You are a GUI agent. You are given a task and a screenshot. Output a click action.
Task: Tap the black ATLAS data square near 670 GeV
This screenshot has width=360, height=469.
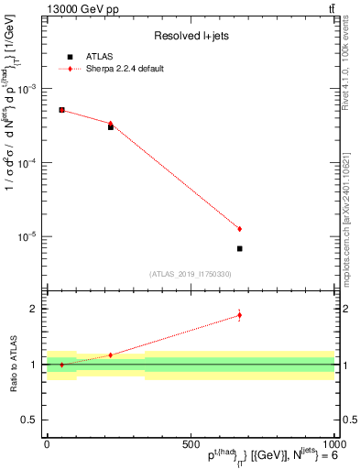239,248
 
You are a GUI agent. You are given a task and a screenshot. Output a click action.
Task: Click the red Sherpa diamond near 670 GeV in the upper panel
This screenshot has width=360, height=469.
239,229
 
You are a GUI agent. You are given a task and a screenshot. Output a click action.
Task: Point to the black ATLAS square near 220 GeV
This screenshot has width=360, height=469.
111,127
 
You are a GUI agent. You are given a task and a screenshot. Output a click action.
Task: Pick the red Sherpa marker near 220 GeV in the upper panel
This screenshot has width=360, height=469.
111,123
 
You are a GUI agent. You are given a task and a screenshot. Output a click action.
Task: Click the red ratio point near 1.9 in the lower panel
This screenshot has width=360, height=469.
239,315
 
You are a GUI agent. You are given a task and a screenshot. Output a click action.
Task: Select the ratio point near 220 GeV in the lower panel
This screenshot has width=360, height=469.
111,354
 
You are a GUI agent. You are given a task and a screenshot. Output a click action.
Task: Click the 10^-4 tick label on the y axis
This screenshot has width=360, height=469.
30,163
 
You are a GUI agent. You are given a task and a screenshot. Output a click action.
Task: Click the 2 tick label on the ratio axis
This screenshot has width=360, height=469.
34,309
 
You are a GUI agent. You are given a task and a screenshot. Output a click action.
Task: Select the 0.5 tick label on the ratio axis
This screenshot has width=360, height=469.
29,420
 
